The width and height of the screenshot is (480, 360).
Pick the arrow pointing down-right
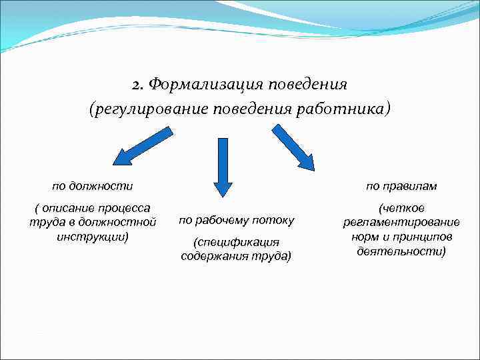click(x=293, y=147)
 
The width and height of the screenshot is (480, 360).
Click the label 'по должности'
click(x=93, y=185)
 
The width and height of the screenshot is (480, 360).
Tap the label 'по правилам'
click(x=401, y=185)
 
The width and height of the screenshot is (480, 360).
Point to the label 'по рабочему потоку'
click(x=236, y=220)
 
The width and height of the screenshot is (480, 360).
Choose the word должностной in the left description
click(x=123, y=221)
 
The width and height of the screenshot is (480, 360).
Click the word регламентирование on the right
click(x=401, y=222)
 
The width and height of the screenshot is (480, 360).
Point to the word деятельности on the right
click(x=401, y=251)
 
